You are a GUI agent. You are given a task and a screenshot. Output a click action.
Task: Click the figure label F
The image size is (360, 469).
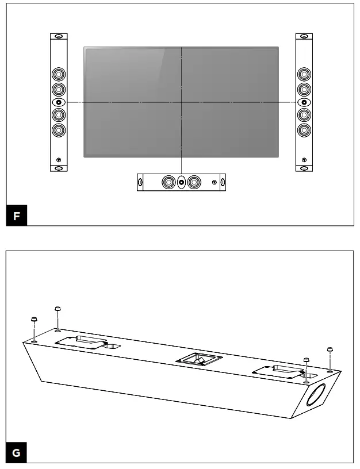coord(16,217)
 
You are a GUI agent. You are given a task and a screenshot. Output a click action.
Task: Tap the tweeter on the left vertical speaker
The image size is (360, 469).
coord(59,102)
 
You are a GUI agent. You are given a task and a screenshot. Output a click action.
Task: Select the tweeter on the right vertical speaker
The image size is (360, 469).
coord(304,102)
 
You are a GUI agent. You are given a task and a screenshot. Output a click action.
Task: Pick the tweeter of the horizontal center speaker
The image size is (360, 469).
coord(181,183)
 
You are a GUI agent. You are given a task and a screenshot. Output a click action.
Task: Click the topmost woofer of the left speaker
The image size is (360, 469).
coord(59,74)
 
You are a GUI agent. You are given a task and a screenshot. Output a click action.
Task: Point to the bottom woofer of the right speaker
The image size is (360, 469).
coord(304,130)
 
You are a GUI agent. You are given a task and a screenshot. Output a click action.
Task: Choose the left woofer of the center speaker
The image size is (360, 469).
coord(168,183)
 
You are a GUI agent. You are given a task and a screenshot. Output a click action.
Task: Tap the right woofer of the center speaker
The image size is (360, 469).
coord(194,183)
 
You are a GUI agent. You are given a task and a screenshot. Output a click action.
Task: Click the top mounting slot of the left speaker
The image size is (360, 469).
coord(59,37)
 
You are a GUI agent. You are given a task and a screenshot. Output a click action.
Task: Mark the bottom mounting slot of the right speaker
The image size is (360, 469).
coord(304,168)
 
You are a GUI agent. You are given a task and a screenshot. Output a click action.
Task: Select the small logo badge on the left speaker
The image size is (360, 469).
coord(59,159)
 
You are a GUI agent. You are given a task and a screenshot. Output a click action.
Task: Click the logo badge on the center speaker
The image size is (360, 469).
coord(214,183)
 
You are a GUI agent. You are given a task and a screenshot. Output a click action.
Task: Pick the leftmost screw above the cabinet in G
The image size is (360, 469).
coord(34,321)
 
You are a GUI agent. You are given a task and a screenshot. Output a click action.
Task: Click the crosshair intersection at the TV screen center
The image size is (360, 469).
coord(181,102)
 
